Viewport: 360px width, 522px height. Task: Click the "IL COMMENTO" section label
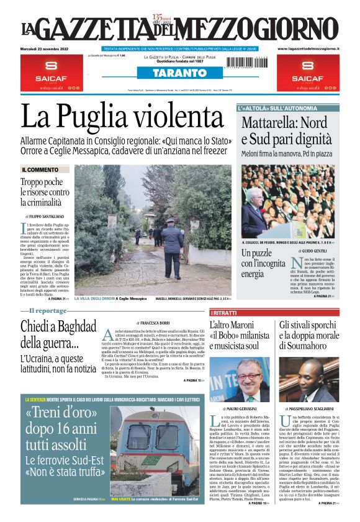pos(40,169)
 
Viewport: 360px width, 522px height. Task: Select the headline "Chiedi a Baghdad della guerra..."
pos(50,334)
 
